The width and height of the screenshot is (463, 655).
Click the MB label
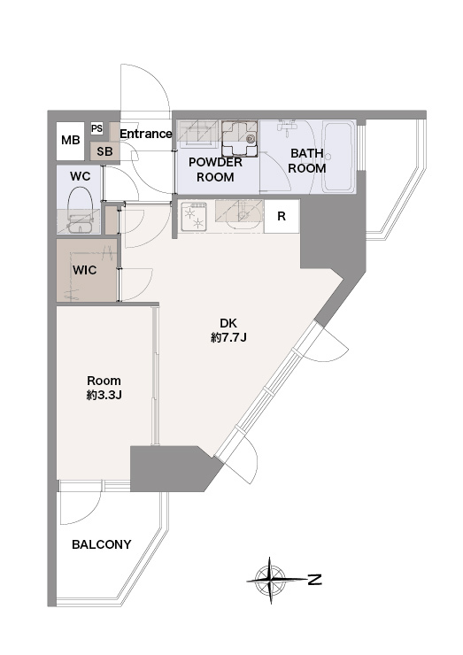coord(70,140)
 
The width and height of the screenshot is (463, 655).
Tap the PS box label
coord(96,128)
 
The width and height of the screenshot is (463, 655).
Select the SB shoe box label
coord(104,151)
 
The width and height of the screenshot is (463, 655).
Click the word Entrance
coord(146,134)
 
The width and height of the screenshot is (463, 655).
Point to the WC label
coord(80,176)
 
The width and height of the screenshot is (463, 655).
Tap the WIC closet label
coord(84,270)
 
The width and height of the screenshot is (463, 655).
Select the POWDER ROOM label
coord(215,170)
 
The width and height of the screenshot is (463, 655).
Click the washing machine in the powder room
coord(239,139)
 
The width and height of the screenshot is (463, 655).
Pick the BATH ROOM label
coord(307,161)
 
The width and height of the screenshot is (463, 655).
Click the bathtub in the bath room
coord(338,156)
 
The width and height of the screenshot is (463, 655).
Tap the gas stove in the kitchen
coord(194,217)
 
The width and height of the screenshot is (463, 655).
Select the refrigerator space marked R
coord(282,216)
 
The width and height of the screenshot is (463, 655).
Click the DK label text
coord(228,323)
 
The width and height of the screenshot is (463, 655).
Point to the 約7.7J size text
coord(228,337)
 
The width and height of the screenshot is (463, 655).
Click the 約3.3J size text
coord(104,395)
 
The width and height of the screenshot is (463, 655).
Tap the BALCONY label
coord(102,544)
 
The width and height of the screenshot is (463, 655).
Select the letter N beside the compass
coord(314,580)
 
